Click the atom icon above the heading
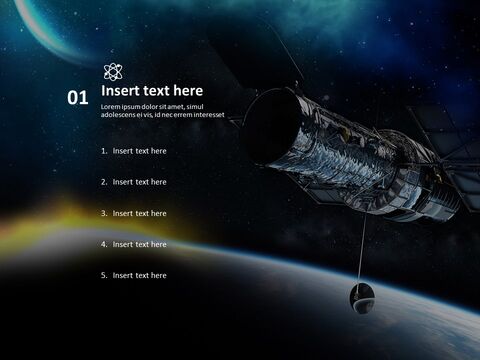coord(113,71)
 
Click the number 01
coord(78,98)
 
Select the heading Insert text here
coord(152,91)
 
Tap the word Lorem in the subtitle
coord(111,107)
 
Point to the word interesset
coord(221,115)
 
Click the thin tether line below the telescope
coord(363,250)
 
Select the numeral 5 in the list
coord(103,275)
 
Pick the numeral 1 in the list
coord(103,151)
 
